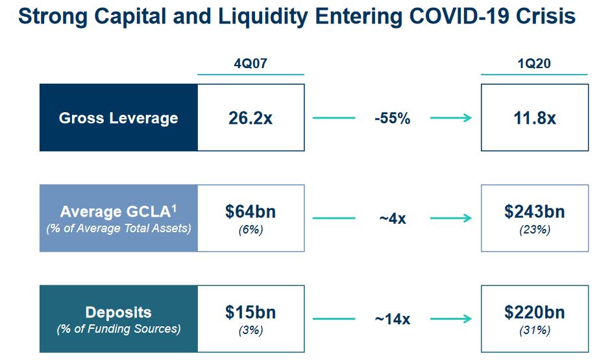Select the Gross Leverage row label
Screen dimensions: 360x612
click(x=118, y=118)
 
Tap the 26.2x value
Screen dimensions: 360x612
click(x=251, y=119)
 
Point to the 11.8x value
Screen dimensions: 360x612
click(x=534, y=119)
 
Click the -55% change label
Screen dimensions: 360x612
click(x=392, y=119)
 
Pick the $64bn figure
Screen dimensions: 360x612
click(x=251, y=212)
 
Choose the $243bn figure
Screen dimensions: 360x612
click(x=534, y=212)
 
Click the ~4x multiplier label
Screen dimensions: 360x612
click(x=392, y=219)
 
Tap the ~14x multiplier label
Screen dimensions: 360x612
click(x=392, y=319)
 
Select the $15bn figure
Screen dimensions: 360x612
click(x=251, y=313)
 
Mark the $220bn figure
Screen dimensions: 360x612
click(x=534, y=313)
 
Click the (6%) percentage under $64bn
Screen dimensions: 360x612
click(x=251, y=230)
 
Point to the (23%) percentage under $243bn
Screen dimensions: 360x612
click(x=534, y=230)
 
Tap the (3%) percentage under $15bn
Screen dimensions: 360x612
click(x=251, y=330)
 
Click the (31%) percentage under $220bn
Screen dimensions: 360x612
click(x=534, y=330)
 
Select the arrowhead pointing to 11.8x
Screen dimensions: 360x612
click(x=467, y=118)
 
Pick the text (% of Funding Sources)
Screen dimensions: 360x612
click(x=118, y=329)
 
